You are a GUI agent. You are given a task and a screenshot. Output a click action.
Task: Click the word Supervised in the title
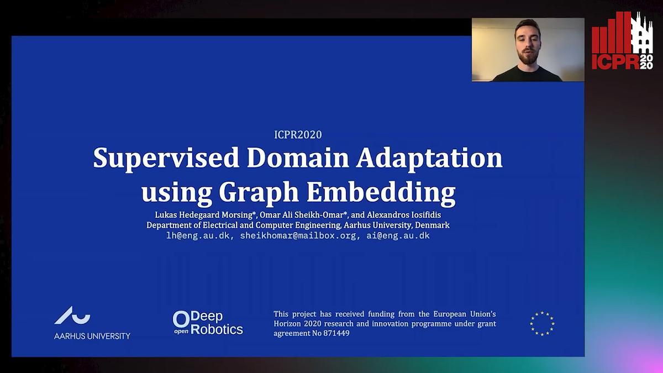166,159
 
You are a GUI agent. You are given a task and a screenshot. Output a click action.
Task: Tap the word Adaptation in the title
429,159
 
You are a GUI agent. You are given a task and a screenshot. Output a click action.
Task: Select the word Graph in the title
259,192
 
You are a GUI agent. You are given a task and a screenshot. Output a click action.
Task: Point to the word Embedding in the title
381,192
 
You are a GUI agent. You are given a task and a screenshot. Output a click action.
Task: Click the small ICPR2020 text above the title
298,135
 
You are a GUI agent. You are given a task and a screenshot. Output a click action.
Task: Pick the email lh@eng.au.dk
198,236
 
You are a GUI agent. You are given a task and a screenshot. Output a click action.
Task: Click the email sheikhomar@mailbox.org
298,236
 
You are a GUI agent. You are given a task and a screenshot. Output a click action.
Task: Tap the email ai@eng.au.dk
398,236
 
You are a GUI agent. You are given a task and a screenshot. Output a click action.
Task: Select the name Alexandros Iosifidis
404,215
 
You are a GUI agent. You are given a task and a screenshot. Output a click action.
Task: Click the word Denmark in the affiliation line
432,225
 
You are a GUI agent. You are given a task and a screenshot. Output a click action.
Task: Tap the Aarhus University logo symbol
72,316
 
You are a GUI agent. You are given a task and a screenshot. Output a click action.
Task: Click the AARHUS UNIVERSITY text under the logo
92,336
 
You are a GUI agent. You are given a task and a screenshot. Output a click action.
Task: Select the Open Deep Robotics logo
208,323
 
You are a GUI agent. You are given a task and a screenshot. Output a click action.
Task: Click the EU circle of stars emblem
542,324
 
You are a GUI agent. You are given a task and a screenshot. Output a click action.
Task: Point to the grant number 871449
336,333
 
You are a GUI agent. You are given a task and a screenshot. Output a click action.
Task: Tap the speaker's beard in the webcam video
528,56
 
